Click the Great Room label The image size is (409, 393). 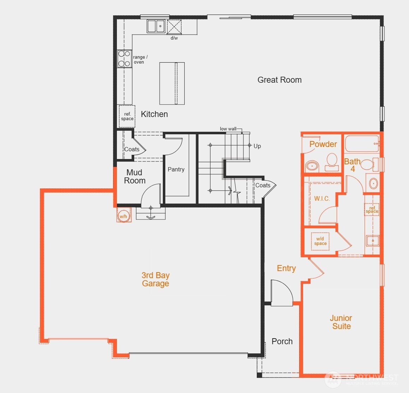coord(279,80)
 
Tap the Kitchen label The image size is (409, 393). coord(154,114)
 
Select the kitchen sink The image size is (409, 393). coord(156,26)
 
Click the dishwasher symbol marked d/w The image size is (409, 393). coord(174,27)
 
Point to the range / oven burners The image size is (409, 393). coord(124,59)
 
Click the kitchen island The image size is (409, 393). coord(172,83)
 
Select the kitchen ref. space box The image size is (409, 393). coord(127,116)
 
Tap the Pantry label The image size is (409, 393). coord(176,170)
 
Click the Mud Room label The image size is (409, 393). coord(135,176)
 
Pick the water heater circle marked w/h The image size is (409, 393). coord(124,216)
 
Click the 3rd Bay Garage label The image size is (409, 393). coord(155,279)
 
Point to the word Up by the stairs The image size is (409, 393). coord(257,146)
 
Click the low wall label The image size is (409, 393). coord(228,129)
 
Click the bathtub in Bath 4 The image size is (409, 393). coord(361,144)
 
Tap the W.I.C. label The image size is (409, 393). coord(322,199)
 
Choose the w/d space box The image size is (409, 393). coord(320,241)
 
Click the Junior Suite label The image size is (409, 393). coord(341,322)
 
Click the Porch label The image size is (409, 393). coord(282,341)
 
